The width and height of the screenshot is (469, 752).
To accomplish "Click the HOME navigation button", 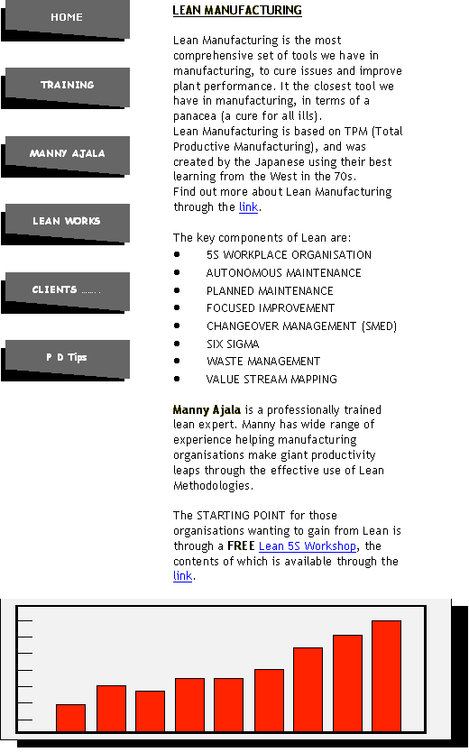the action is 66,18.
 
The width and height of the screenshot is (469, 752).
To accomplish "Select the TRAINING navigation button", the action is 66,87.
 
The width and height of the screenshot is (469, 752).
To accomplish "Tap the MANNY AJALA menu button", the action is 66,155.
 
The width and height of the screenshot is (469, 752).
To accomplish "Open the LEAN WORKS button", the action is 66,223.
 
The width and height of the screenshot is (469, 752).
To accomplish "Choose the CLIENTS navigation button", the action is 66,291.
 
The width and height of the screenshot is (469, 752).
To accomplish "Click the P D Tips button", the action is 66,359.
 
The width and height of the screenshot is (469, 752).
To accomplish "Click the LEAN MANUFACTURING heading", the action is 237,10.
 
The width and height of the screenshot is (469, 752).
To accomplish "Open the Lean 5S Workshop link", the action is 308,546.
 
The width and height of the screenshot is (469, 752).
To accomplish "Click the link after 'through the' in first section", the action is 248,206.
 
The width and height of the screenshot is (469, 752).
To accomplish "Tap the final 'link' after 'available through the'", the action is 183,575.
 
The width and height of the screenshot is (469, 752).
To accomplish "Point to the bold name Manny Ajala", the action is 207,409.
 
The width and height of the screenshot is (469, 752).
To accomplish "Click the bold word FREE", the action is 241,546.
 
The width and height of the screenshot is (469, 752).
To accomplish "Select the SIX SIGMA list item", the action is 233,344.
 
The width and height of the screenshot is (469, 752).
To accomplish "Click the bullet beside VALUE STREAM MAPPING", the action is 177,379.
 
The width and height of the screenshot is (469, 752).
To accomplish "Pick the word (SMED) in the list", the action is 380,326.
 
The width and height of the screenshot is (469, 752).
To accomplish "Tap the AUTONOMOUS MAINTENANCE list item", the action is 284,273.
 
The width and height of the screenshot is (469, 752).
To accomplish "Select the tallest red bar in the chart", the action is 387,676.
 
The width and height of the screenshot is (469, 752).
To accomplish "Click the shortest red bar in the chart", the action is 71,718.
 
